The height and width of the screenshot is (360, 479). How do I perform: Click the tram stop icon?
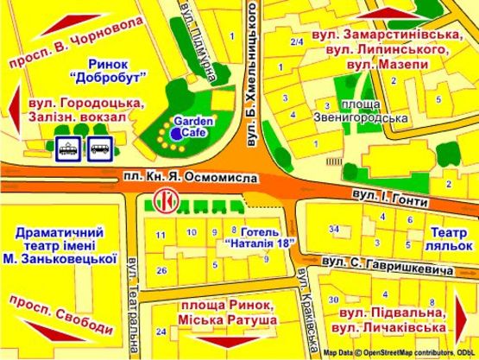67,149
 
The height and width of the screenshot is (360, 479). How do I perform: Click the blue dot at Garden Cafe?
175,135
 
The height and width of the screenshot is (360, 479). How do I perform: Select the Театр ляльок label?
449,237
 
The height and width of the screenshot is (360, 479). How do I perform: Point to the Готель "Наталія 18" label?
262,237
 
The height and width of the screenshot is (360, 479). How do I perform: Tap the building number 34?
334,229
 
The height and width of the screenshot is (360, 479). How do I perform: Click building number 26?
162,271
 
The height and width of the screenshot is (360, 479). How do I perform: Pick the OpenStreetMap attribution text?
398,353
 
